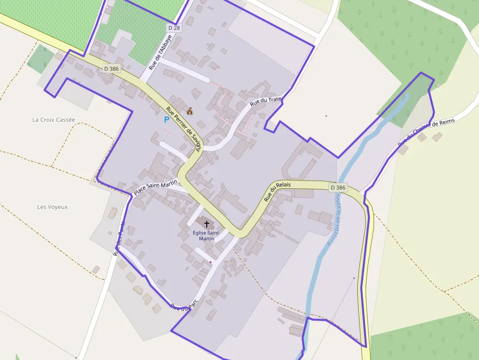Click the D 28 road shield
[x=174, y=28]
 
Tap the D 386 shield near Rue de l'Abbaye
[x=111, y=69]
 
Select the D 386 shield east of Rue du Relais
[x=338, y=188]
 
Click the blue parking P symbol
[x=166, y=119]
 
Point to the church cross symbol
[x=206, y=224]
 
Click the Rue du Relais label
[x=277, y=191]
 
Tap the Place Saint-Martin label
[x=155, y=188]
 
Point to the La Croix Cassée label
[x=54, y=120]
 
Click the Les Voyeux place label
[x=52, y=207]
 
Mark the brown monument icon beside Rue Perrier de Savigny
[x=190, y=111]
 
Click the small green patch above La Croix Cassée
[x=40, y=58]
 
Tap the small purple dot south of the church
[x=211, y=262]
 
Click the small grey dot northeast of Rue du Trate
[x=327, y=116]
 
